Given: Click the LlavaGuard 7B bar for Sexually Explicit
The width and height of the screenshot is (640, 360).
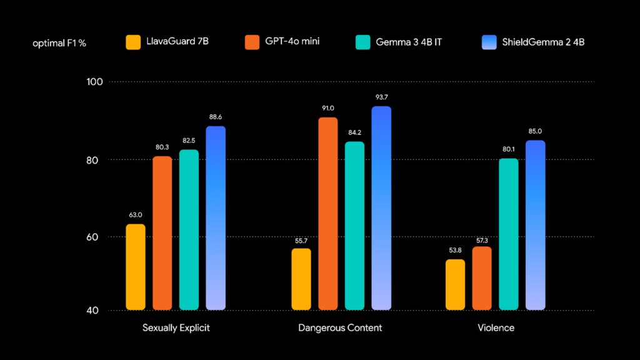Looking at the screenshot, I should click(136, 267).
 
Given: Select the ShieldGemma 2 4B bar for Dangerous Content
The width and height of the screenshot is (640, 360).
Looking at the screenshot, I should click(381, 207).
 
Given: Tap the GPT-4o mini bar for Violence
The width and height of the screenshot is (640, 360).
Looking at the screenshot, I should click(482, 278).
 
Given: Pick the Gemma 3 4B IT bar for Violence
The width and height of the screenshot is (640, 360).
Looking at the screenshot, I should click(509, 234).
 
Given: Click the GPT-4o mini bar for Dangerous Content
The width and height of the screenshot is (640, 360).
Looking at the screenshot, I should click(328, 213).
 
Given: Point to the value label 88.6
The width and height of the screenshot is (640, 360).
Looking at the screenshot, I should click(216, 117).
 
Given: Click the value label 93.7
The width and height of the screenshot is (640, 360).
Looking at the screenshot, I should click(381, 97).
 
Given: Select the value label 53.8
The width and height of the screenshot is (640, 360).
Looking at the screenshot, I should click(455, 250).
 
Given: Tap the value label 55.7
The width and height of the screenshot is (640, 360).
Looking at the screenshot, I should click(301, 239).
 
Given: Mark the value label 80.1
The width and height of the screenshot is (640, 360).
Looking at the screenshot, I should click(509, 149).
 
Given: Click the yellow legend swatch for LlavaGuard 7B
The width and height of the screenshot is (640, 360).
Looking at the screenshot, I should click(134, 42).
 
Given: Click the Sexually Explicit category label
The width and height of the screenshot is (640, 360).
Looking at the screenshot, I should click(176, 328).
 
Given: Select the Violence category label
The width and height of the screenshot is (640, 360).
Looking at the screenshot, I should click(496, 328).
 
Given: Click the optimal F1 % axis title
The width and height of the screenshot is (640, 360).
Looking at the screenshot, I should click(60, 43).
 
